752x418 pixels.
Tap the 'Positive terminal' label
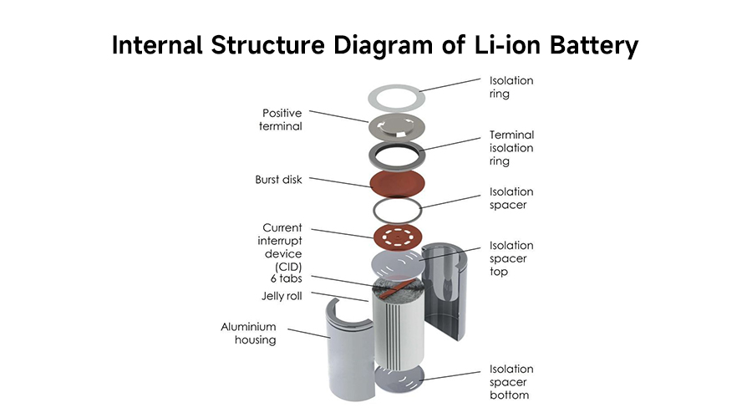click(282, 120)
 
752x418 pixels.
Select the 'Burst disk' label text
click(278, 179)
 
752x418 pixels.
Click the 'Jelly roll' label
click(282, 296)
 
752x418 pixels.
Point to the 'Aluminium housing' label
click(248, 334)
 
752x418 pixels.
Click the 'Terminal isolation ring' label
click(511, 148)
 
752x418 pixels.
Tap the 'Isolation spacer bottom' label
click(511, 382)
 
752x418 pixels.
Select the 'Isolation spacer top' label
click(511, 259)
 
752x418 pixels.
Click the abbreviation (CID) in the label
click(282, 267)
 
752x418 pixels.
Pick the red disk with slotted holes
click(393, 237)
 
